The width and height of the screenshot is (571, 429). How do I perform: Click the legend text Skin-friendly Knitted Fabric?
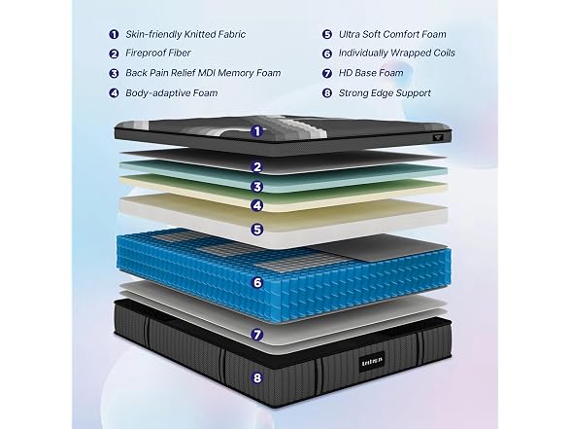point(185,34)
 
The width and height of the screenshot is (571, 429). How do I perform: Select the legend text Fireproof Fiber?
point(158,53)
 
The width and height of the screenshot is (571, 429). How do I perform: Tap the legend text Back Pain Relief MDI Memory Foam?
point(203,73)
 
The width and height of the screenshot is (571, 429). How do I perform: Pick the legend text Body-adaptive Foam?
point(172,93)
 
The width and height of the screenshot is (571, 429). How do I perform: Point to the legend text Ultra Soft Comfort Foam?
point(392,34)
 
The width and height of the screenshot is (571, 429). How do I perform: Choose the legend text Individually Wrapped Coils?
point(397,53)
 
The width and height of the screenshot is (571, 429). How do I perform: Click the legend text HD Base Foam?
point(371,73)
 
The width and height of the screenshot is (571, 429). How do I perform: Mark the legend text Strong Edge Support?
point(385,93)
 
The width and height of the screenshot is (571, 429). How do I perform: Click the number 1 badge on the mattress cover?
point(257,131)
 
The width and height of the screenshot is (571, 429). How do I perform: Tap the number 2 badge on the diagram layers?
point(257,166)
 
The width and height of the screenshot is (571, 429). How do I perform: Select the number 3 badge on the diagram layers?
point(257,187)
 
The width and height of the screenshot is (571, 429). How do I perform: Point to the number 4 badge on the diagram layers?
point(257,205)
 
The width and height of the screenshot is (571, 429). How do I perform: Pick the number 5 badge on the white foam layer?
point(257,230)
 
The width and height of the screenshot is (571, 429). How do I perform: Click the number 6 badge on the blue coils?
point(257,282)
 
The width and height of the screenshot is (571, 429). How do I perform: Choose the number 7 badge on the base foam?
point(257,335)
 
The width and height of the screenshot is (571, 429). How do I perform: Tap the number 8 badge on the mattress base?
point(257,377)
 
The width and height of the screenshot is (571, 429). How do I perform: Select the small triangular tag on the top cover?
point(437,137)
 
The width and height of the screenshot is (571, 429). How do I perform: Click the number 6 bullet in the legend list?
point(327,54)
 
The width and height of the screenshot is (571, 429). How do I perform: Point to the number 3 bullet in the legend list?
point(114,73)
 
